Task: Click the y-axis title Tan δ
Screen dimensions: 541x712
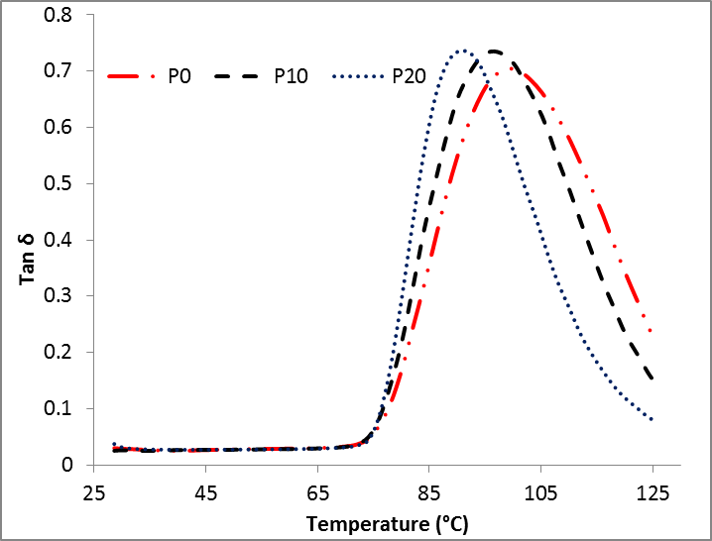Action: coord(31,261)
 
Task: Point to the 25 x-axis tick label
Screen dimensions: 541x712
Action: coord(94,492)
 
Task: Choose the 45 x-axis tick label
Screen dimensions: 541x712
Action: coord(205,492)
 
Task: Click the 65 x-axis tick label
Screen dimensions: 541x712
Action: coord(317,492)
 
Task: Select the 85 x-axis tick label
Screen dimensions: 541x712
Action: coord(429,492)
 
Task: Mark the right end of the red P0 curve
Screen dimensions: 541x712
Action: coord(652,332)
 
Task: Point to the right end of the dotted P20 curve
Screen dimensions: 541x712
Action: coord(653,420)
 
